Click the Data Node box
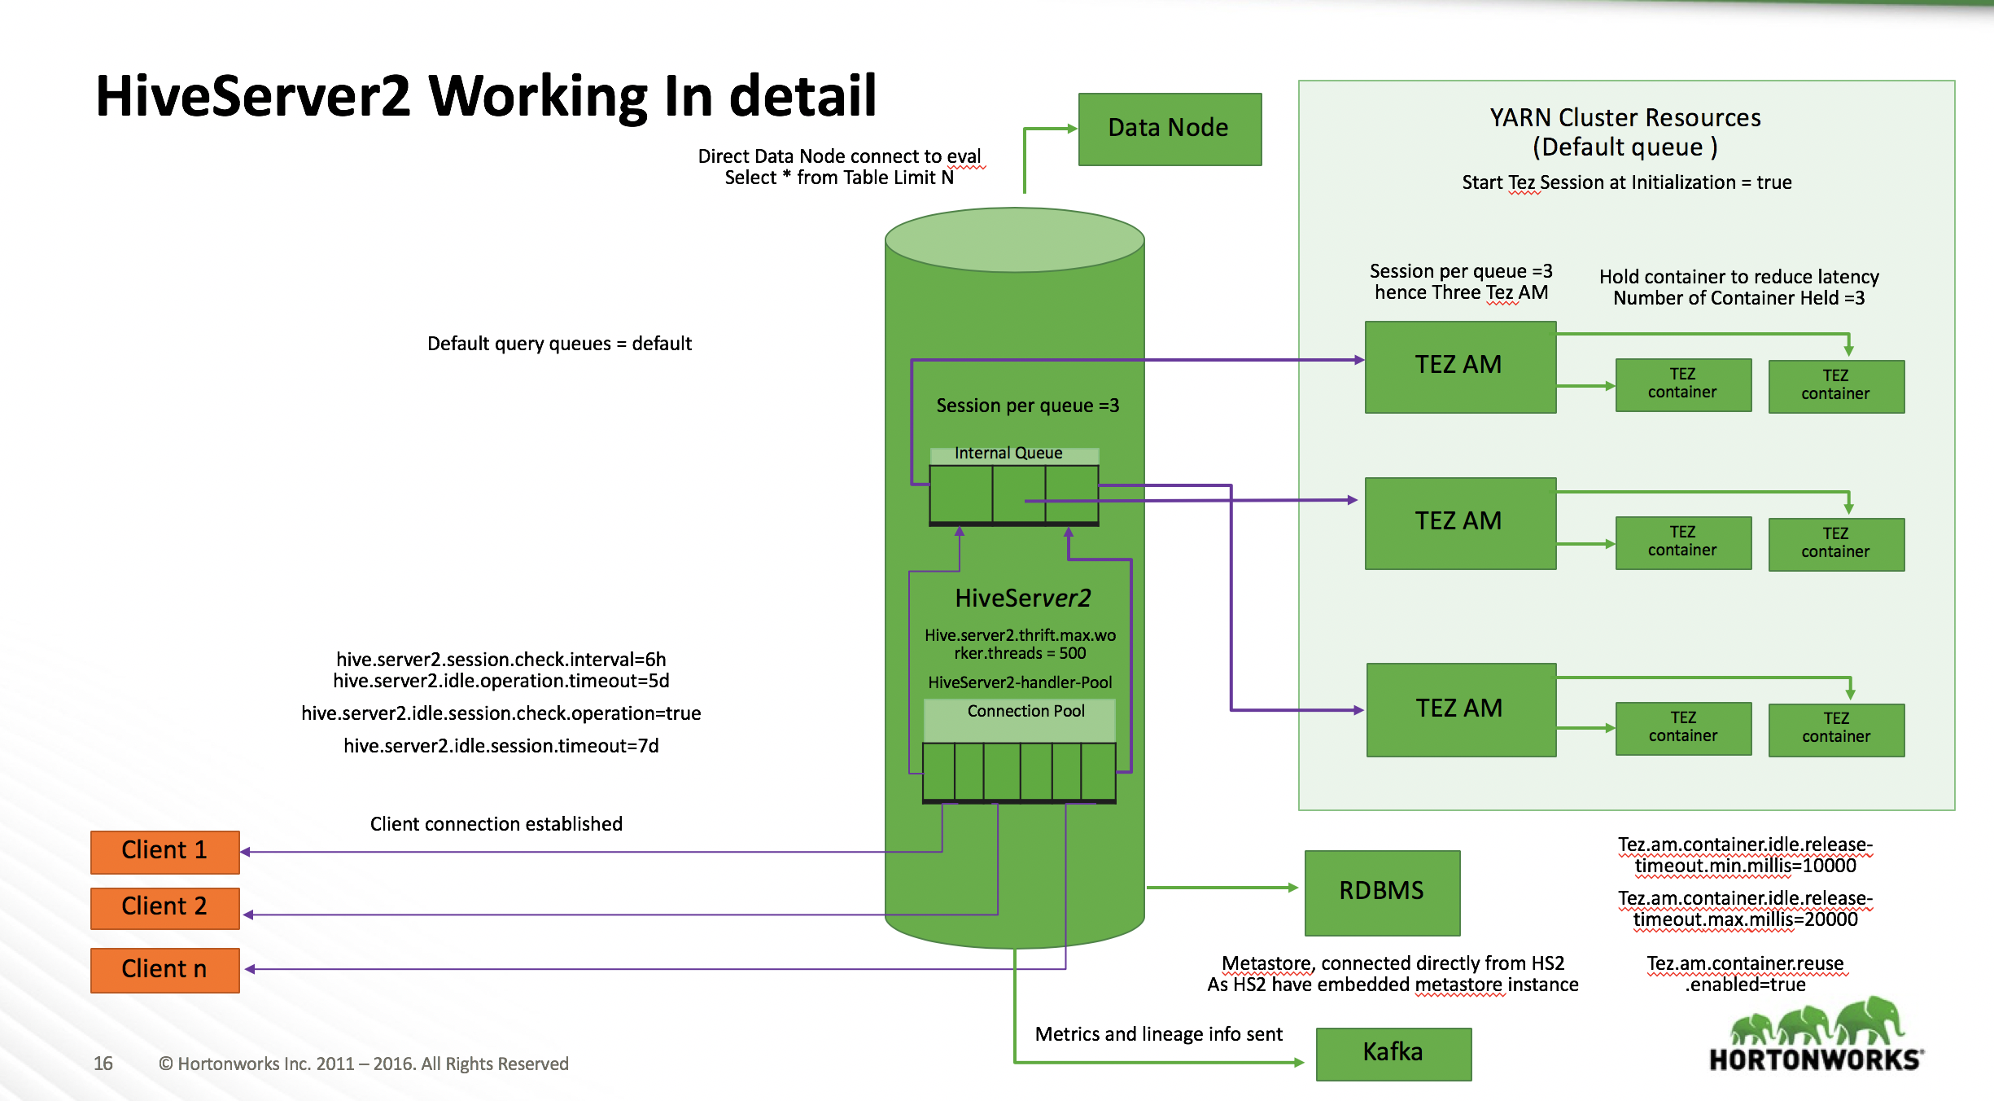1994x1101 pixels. coord(1170,129)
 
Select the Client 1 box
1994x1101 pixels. coord(164,851)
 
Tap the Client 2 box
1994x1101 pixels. coord(164,907)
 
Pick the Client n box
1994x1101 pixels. coord(164,969)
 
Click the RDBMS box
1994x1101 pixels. coord(1381,892)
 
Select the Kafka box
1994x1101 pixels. coord(1393,1053)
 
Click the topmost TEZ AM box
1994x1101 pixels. coord(1459,366)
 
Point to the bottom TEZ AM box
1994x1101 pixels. coord(1460,709)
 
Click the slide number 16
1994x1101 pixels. coord(103,1064)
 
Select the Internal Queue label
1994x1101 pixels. coord(1008,454)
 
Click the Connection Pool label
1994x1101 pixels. coord(1025,712)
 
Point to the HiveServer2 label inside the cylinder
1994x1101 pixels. coord(1022,599)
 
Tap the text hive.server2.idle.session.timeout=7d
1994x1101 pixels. coord(501,746)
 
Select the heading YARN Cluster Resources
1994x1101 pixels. coord(1624,118)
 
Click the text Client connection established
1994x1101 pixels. coord(496,824)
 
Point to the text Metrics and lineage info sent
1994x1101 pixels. coord(1158,1034)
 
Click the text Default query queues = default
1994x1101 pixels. coord(559,344)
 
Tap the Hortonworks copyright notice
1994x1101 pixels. coord(363,1064)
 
